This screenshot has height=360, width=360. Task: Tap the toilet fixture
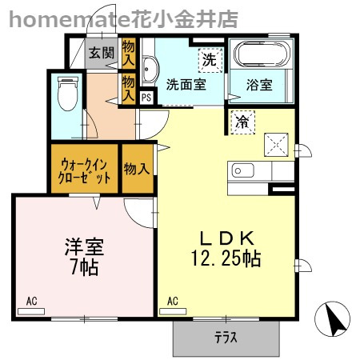click(x=67, y=95)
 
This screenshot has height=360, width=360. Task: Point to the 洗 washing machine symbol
click(x=209, y=58)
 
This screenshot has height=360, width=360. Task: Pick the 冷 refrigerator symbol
click(x=242, y=122)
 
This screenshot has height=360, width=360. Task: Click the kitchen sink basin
click(x=242, y=170)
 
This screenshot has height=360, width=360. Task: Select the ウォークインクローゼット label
click(x=83, y=169)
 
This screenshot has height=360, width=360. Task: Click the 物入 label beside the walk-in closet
click(x=137, y=169)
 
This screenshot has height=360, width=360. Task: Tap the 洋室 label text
click(x=82, y=246)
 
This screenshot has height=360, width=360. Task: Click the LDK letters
click(x=226, y=238)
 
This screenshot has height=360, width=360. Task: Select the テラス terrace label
click(x=226, y=338)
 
